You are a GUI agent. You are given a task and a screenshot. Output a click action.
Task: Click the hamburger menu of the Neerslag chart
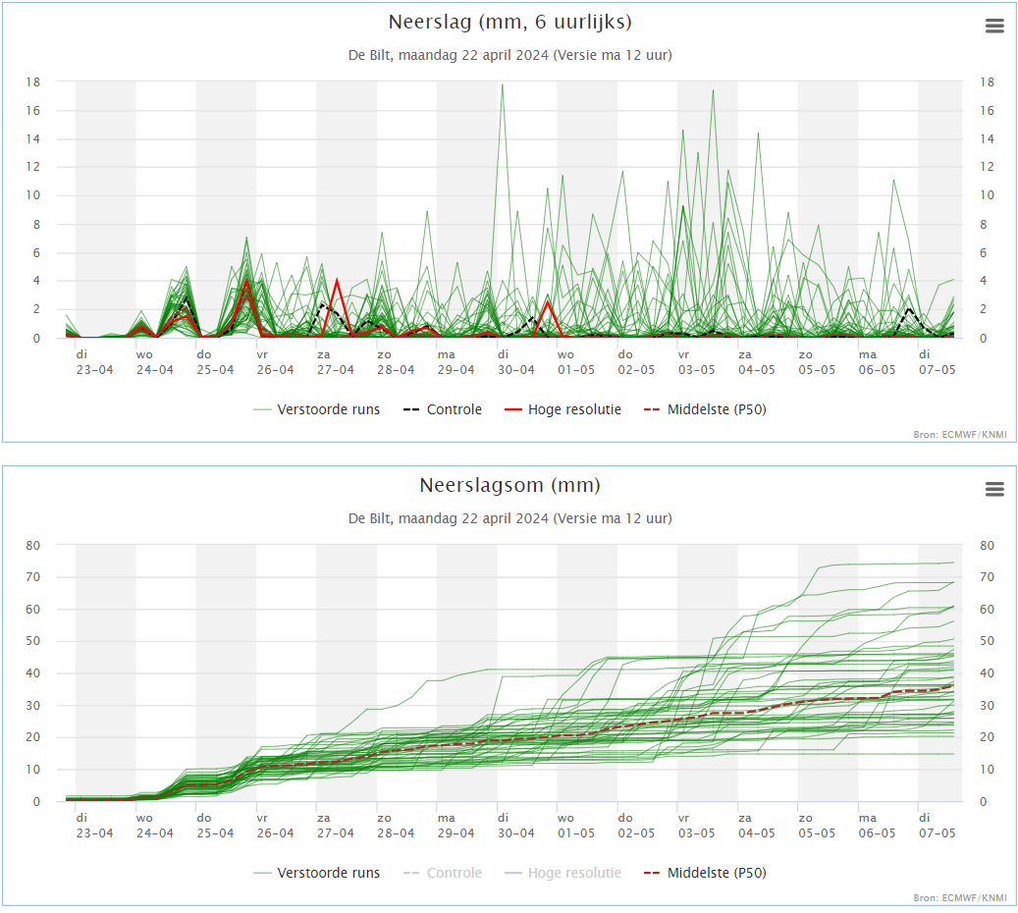pos(994,26)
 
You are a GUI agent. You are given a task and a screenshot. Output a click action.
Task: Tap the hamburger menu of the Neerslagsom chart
pos(994,489)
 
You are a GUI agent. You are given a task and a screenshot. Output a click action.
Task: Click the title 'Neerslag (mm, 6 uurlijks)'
pos(509,22)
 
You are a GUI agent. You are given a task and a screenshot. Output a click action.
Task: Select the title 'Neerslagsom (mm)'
pos(509,485)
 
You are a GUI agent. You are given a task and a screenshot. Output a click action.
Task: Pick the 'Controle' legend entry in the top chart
pos(443,409)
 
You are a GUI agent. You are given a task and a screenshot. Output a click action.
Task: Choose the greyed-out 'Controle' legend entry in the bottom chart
pos(443,873)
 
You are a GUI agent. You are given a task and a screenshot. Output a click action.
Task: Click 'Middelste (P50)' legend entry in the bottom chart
pos(705,873)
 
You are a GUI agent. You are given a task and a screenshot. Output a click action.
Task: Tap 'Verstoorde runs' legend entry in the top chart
pos(317,409)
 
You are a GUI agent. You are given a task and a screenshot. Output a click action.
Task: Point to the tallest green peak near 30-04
pos(502,85)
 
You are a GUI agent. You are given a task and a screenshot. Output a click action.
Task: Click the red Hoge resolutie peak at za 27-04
pos(337,280)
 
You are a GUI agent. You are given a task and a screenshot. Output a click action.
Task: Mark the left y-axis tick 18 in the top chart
pos(33,81)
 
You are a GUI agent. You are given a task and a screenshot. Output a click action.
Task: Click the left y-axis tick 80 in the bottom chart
pos(33,546)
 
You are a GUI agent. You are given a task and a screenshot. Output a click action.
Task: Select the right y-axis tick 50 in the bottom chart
pos(987,641)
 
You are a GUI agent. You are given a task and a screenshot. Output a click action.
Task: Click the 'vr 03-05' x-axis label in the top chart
pos(697,362)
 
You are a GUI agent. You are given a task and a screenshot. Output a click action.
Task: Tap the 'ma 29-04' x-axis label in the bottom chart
pos(455,826)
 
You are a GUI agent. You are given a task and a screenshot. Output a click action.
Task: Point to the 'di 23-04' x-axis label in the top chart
pos(95,362)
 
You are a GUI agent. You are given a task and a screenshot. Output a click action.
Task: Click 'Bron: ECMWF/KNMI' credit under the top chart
pos(959,435)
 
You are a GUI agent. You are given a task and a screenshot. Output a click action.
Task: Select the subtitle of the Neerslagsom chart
pos(509,518)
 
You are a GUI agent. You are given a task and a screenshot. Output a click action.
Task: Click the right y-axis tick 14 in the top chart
pos(987,139)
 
